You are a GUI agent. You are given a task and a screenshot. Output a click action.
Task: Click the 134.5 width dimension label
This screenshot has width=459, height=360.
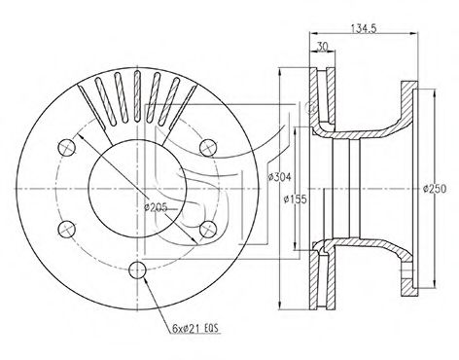(363, 28)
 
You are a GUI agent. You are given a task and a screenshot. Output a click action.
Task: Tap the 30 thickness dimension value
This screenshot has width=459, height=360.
(322, 47)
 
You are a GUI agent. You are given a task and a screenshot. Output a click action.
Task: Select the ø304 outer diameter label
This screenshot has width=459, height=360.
(279, 177)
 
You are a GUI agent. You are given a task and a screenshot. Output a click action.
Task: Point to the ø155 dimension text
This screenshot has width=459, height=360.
(295, 198)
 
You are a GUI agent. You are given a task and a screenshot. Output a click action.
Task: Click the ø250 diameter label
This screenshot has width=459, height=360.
(435, 189)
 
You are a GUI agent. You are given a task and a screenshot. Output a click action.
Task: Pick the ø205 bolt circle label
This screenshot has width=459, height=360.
(156, 207)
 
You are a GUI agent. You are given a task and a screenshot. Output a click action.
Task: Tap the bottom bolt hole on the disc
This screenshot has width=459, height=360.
(138, 270)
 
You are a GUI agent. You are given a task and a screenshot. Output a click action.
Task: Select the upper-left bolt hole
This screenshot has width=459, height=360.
(67, 148)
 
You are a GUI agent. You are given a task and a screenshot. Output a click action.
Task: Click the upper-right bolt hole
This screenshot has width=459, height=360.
(207, 148)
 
